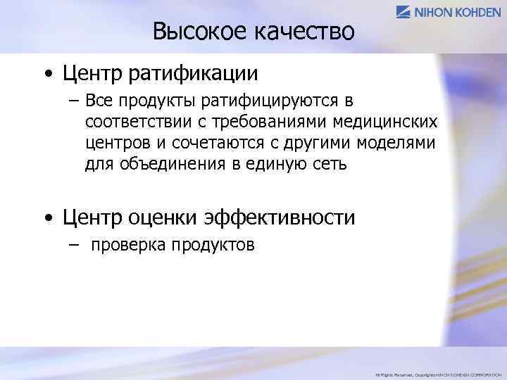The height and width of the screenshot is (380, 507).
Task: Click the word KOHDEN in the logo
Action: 478,11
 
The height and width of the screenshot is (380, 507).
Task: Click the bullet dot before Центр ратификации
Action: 46,74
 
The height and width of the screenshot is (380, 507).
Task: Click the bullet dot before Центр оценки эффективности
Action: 46,219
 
